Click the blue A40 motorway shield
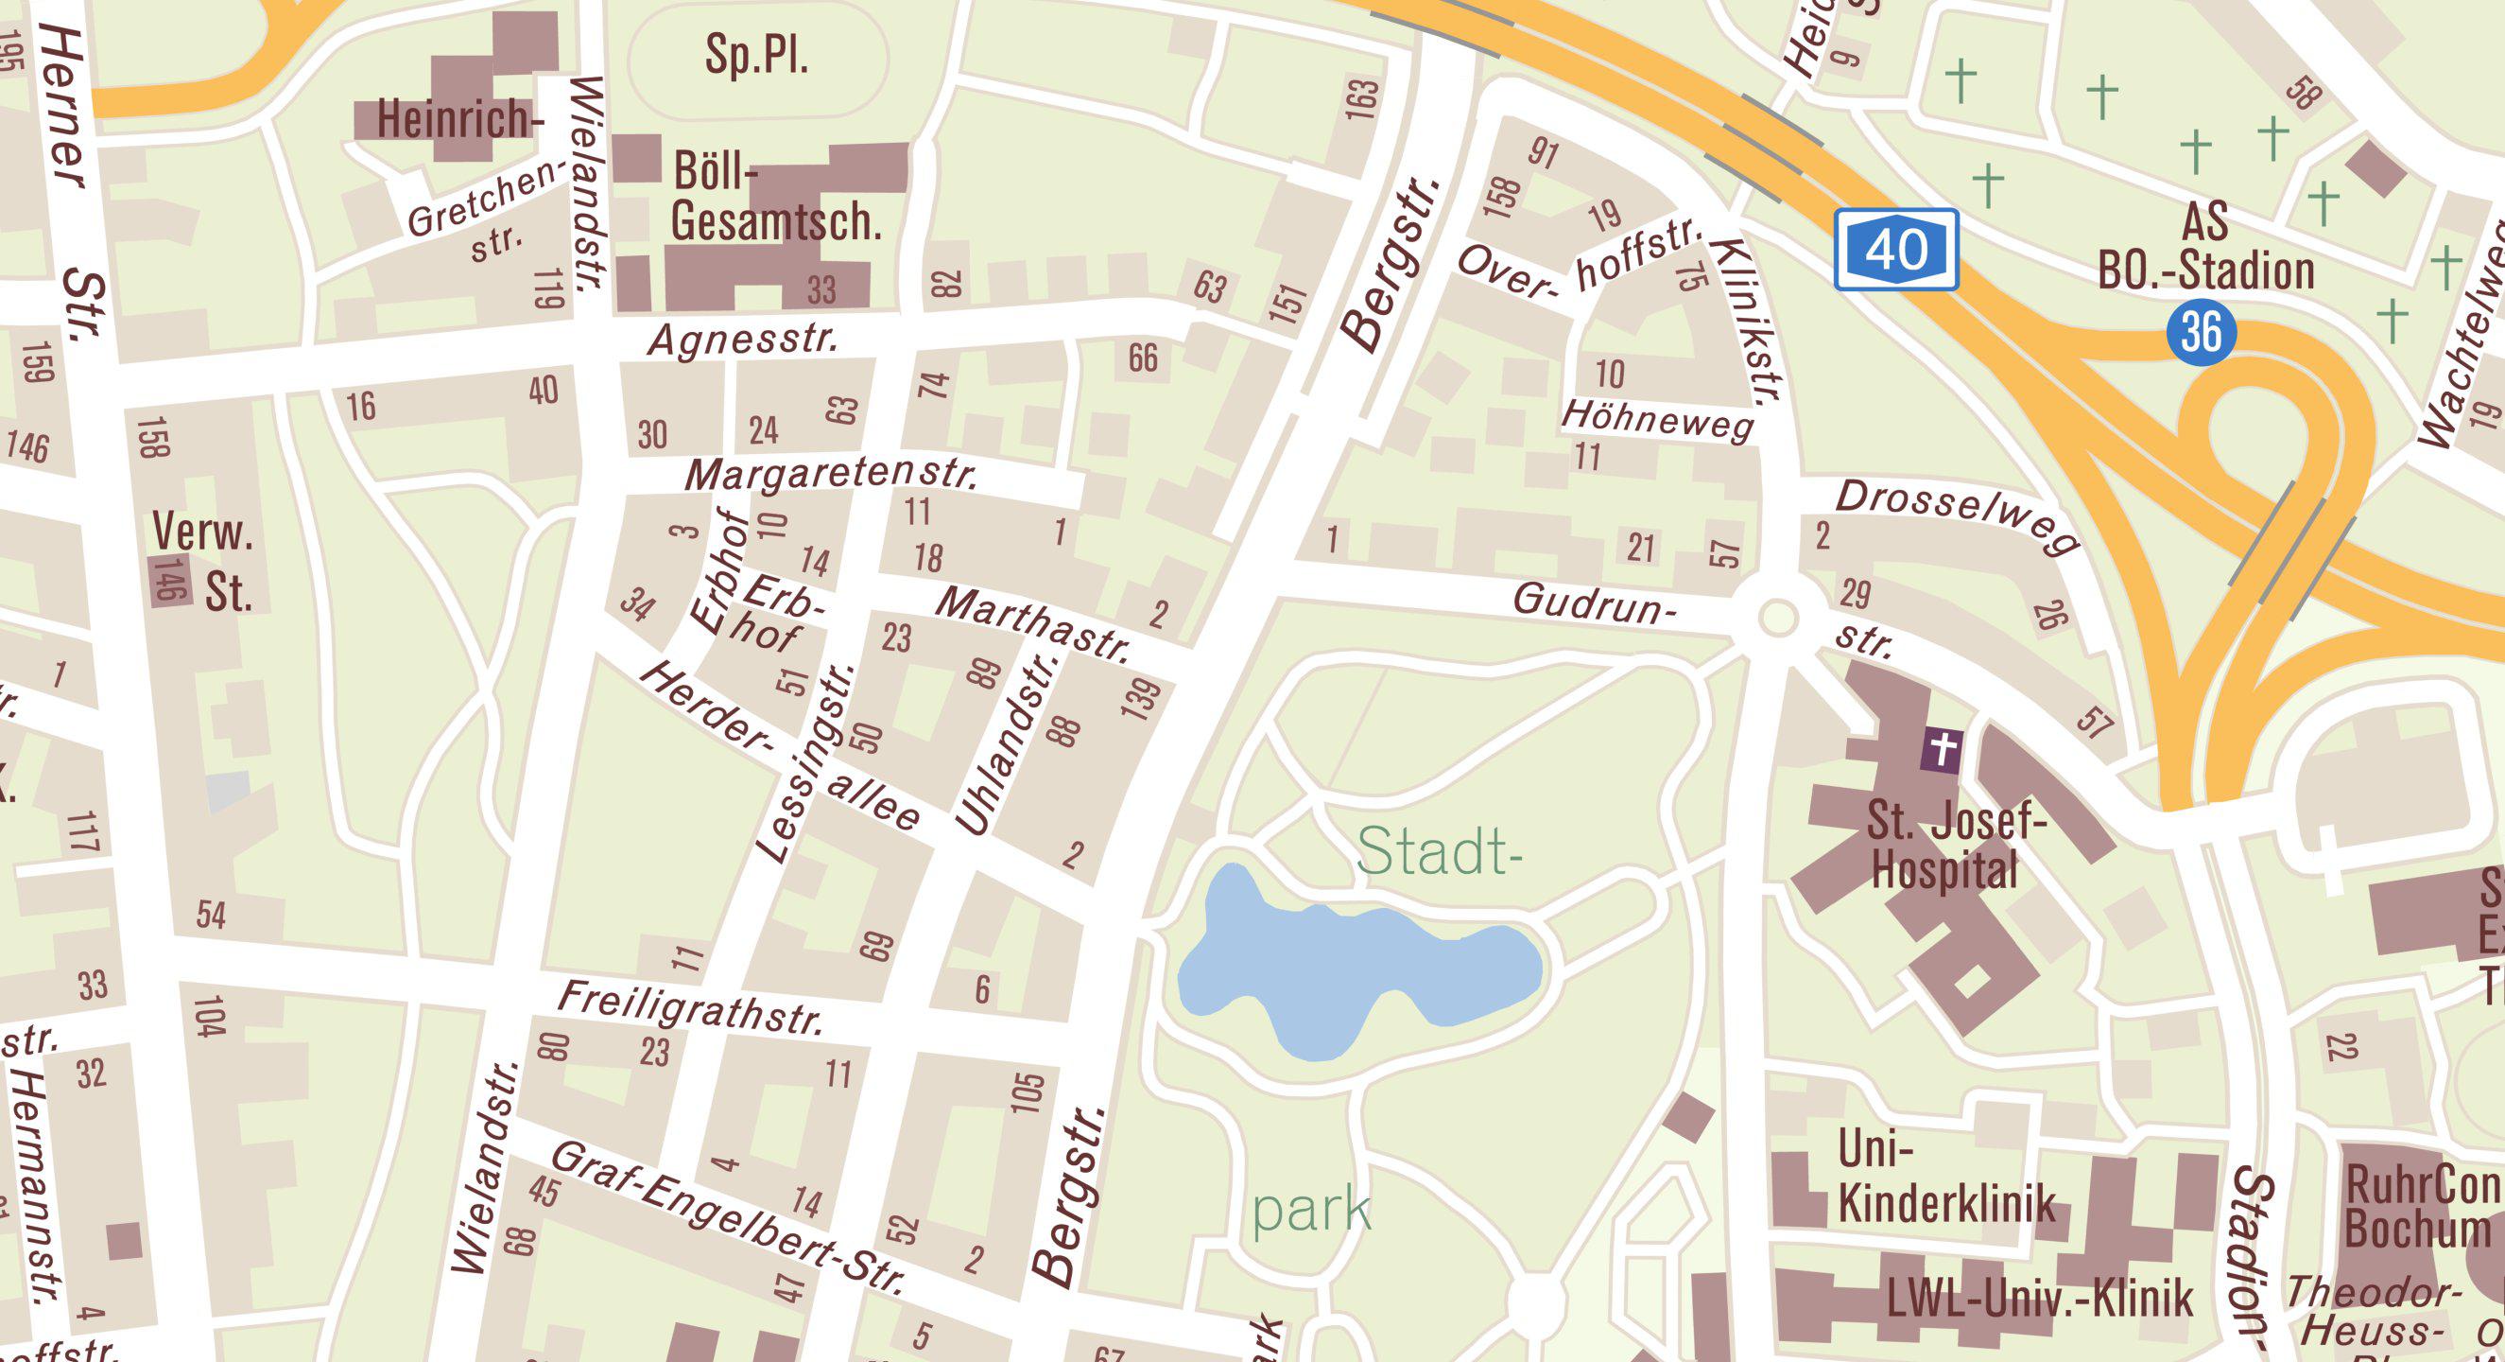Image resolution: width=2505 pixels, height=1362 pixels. (x=1895, y=250)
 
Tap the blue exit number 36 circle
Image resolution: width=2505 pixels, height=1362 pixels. (x=2201, y=332)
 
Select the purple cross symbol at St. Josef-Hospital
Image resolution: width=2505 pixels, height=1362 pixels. (x=1941, y=750)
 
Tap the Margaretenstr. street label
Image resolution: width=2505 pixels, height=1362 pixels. (x=832, y=476)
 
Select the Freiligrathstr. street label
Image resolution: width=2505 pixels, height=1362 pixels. (x=691, y=1008)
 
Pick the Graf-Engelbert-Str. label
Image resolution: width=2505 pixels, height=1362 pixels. (x=727, y=1217)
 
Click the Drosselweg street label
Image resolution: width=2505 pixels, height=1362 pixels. (x=1957, y=516)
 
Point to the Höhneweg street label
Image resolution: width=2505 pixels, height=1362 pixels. (x=1658, y=420)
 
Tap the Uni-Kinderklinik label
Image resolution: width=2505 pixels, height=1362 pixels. (x=1944, y=1179)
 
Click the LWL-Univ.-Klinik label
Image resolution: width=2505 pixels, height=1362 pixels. (x=2039, y=1298)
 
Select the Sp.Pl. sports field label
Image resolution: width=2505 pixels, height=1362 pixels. (x=756, y=56)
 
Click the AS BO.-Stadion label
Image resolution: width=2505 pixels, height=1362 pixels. (x=2205, y=247)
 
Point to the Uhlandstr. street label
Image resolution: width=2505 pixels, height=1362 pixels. (x=1008, y=744)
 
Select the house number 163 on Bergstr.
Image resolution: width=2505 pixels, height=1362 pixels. (x=1362, y=99)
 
